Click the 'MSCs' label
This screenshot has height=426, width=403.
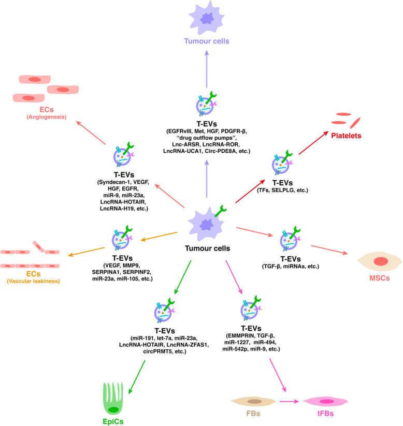coord(381,278)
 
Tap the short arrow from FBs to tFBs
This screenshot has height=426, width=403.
coord(290,401)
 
